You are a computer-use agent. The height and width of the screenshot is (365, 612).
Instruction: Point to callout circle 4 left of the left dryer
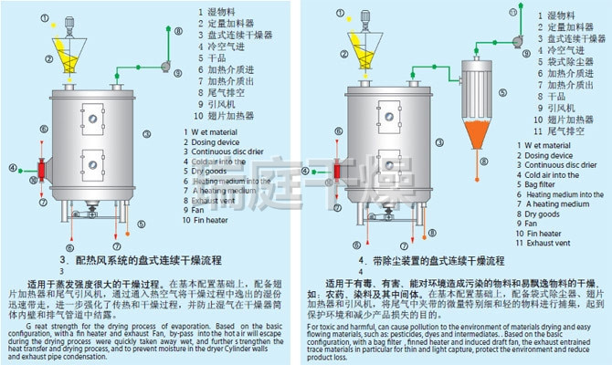tap(13, 169)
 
